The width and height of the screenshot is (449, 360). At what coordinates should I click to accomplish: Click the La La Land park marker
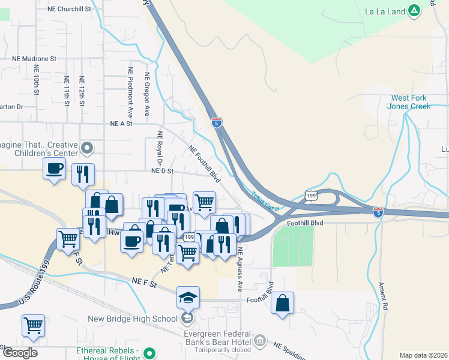[x=414, y=10]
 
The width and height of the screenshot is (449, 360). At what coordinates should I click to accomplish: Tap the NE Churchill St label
[x=71, y=10]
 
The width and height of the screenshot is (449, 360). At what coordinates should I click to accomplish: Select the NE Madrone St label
[x=34, y=59]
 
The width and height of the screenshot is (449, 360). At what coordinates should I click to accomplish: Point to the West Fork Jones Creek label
[x=411, y=102]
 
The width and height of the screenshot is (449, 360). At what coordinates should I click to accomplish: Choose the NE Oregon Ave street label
[x=146, y=95]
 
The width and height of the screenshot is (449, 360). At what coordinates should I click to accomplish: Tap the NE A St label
[x=121, y=123]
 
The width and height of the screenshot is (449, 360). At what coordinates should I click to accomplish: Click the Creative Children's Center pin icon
[x=88, y=147]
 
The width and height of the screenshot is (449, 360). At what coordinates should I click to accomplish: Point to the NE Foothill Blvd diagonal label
[x=203, y=163]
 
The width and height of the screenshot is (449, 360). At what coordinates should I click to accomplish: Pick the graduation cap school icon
[x=188, y=297]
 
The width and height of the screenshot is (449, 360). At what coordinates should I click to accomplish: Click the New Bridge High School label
[x=133, y=319]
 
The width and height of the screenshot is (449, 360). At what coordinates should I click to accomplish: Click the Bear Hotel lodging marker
[x=260, y=341]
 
